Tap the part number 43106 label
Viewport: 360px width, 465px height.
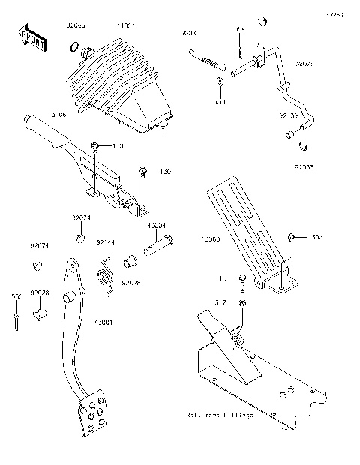click(56, 115)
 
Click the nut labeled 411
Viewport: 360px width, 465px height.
click(220, 80)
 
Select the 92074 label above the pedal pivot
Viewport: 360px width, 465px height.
click(82, 217)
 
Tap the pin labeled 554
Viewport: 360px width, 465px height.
click(238, 49)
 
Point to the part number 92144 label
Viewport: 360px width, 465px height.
click(105, 243)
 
